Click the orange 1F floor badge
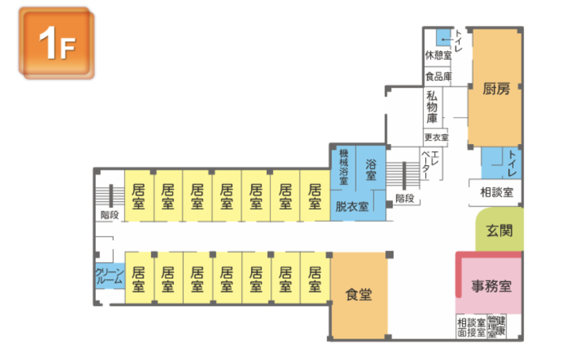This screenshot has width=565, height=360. pos(57,43)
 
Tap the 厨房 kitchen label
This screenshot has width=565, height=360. pos(496,89)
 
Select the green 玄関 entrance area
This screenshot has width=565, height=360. pos(499,231)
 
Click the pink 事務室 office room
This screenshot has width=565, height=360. pos(491,286)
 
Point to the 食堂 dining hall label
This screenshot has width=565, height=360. pos(358,294)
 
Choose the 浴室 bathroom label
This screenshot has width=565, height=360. pos(371,169)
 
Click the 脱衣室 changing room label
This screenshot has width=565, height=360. pos(352,207)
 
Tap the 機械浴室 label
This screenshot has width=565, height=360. pos(344,167)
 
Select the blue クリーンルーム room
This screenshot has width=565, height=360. pos(109,276)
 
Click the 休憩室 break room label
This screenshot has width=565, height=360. pos(438,55)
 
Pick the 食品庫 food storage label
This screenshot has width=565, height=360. pos(438,76)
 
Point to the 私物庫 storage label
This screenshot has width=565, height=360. pos(432,107)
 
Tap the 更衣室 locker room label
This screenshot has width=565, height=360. pos(436,138)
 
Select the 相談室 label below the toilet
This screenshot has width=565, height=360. pos(497,192)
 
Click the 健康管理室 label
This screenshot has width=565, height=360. pos(497,326)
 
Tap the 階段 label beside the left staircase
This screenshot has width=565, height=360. pos(109,215)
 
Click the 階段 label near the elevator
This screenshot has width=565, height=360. pos(405,198)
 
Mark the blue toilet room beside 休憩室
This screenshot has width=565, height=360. pos(443,38)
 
